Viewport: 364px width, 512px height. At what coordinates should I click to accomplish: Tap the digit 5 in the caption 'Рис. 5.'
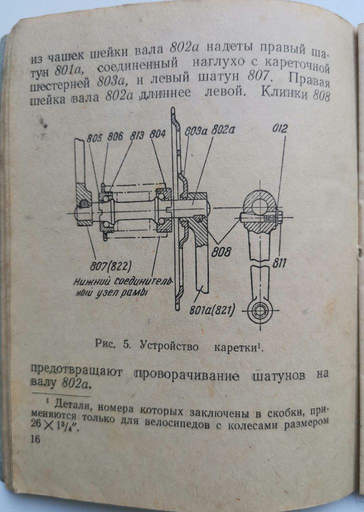tap(126, 345)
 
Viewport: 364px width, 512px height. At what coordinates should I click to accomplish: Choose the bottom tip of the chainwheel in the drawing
tap(177, 309)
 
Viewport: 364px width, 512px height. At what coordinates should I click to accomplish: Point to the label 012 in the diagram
tap(280, 128)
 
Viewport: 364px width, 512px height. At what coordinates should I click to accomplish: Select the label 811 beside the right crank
tap(279, 263)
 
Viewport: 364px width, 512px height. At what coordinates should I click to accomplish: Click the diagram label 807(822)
tap(110, 266)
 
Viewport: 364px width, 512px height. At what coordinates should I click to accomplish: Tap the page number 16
tap(35, 439)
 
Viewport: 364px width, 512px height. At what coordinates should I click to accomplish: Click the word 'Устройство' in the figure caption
tap(169, 345)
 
